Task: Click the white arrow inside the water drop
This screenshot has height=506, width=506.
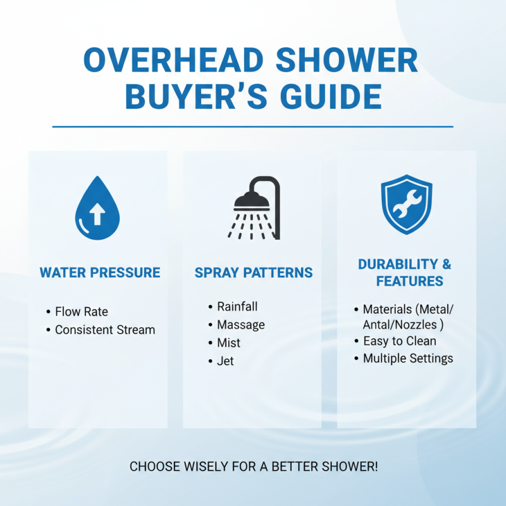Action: [97, 214]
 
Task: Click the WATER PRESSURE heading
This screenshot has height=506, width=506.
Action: [100, 273]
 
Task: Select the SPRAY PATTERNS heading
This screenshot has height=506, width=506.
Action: [254, 273]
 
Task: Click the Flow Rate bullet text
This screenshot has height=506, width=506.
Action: [82, 312]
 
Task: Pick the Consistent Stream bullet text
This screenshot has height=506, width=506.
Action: [105, 330]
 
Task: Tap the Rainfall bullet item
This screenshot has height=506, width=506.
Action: [237, 307]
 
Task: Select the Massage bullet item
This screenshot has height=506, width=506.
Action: [240, 324]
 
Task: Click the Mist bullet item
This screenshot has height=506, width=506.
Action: [228, 343]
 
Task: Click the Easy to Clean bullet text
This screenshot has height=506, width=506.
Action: [399, 341]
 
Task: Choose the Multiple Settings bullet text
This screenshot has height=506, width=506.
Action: [408, 359]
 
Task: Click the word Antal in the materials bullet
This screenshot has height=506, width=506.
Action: [378, 324]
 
